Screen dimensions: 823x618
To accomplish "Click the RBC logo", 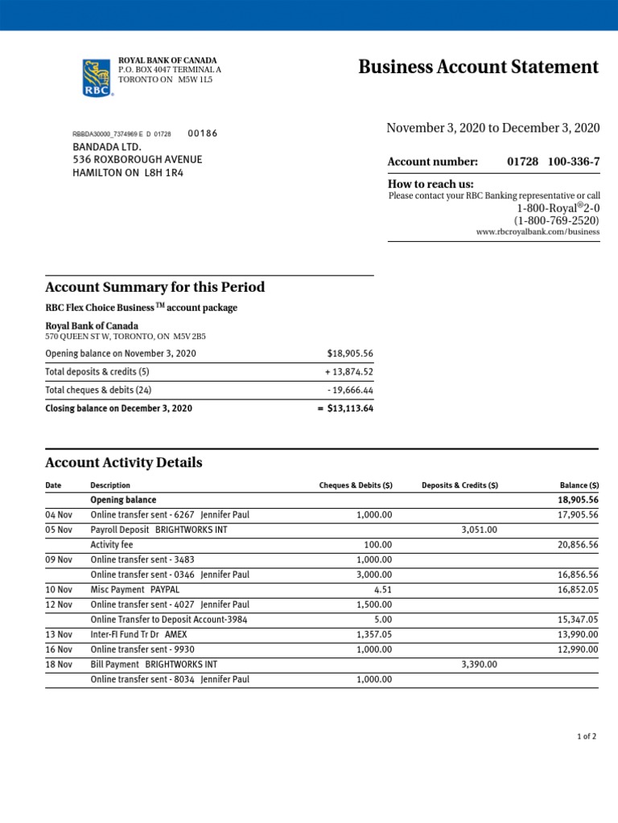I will point(97,78).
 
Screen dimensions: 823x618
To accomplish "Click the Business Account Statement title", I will point(478,67).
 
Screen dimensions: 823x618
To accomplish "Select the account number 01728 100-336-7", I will point(553,162).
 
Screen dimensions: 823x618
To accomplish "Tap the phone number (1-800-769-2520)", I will point(557,220).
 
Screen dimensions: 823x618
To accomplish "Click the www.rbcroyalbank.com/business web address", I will point(538,231).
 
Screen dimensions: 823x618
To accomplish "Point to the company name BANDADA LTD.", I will point(107,147).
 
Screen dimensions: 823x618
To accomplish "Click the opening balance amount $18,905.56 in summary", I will point(350,354).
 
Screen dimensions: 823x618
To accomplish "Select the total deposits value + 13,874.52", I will point(348,372).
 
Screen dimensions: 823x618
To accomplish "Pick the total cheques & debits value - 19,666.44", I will point(349,390).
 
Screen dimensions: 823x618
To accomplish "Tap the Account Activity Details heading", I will point(124,463).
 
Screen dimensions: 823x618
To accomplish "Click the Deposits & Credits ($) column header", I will point(459,485).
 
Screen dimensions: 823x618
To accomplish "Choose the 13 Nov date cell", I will point(59,634).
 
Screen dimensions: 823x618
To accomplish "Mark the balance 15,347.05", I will point(578,620).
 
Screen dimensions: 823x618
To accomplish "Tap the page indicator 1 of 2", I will point(587,736).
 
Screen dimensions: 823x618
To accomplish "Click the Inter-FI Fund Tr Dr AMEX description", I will point(138,634).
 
